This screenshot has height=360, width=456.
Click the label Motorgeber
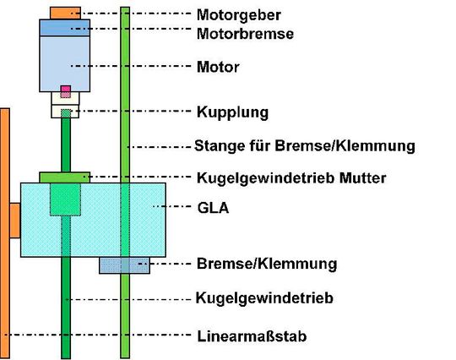(x=239, y=14)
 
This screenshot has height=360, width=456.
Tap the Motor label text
(x=217, y=67)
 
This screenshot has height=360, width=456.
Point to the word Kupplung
(x=232, y=112)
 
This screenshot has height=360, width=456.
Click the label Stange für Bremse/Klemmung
(x=305, y=145)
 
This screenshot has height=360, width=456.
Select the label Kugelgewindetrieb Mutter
(x=290, y=177)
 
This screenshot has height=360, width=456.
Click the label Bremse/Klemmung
(x=266, y=264)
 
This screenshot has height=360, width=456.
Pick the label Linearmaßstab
(x=251, y=335)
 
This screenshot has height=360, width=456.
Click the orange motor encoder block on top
(x=65, y=13)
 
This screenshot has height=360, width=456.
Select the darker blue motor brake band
(x=65, y=27)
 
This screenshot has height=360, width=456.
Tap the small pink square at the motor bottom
(x=65, y=90)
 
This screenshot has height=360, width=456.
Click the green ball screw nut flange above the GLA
(x=65, y=177)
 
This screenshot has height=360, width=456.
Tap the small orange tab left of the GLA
(x=14, y=220)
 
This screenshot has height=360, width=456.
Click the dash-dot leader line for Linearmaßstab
(x=101, y=335)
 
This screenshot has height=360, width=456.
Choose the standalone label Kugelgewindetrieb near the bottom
(x=263, y=298)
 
